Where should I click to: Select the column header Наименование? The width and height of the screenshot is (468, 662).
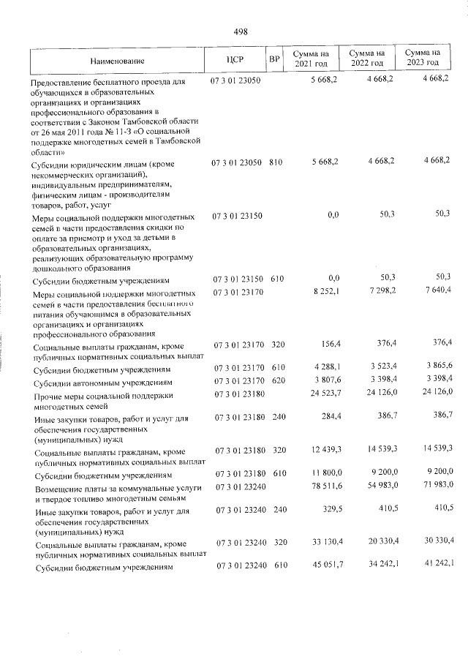point(118,61)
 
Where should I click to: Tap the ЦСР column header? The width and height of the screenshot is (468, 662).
point(235,59)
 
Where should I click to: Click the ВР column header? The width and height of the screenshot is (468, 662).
point(274,59)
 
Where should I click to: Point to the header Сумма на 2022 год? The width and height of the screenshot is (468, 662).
point(367,59)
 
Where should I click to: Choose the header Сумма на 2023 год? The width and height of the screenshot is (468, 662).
point(423,59)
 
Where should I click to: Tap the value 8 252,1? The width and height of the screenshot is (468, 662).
point(324,291)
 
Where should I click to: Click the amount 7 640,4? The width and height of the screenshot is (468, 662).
point(432,291)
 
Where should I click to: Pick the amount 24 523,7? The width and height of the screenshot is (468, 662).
point(322,395)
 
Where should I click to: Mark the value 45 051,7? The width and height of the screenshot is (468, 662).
point(322,565)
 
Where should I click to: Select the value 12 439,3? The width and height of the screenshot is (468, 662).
point(322,454)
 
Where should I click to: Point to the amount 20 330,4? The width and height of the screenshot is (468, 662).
point(376,542)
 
